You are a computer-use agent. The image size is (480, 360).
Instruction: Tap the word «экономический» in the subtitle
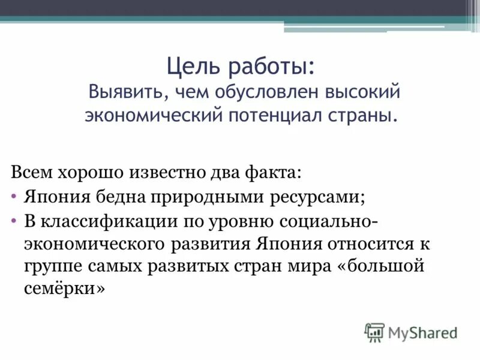152,113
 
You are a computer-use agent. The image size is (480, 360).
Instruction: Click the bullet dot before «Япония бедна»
14,197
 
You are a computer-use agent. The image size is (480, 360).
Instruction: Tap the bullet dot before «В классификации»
14,221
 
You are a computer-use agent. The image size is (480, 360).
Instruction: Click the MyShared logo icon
374,332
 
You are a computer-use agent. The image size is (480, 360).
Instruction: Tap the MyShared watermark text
422,332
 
